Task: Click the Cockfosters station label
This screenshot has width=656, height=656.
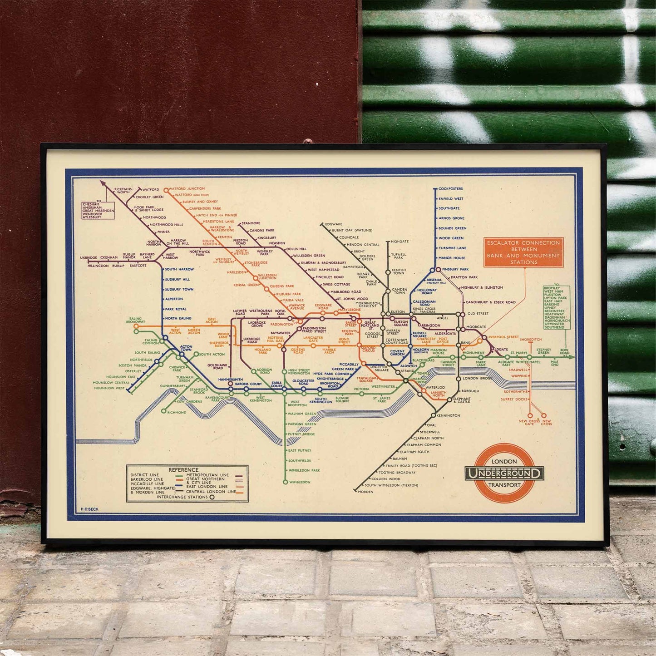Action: coord(451,188)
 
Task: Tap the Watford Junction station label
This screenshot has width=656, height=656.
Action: coord(187,188)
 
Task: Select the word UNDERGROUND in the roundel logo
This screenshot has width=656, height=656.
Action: coord(504,474)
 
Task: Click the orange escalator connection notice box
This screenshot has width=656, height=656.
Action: coord(523,252)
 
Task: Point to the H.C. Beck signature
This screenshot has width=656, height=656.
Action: coord(89,509)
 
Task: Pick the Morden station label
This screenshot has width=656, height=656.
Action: coord(365,492)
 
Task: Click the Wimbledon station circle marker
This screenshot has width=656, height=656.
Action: coord(285,482)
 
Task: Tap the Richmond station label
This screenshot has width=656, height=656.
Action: coord(177,412)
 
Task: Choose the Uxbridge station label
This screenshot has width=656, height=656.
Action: coord(89,258)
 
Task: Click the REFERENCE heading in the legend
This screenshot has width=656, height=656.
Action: coord(183,470)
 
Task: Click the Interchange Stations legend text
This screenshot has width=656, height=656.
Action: coord(182,497)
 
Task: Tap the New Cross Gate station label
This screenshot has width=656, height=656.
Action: coord(529,422)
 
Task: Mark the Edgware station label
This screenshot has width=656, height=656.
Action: coord(334,224)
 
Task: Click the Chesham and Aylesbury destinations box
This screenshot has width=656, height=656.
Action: coord(98,211)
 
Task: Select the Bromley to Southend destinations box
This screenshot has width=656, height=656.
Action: coord(557,307)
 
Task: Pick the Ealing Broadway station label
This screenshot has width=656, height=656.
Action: coord(136,320)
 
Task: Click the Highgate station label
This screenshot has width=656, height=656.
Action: coord(400,242)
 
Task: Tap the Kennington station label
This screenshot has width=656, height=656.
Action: coord(448,415)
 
